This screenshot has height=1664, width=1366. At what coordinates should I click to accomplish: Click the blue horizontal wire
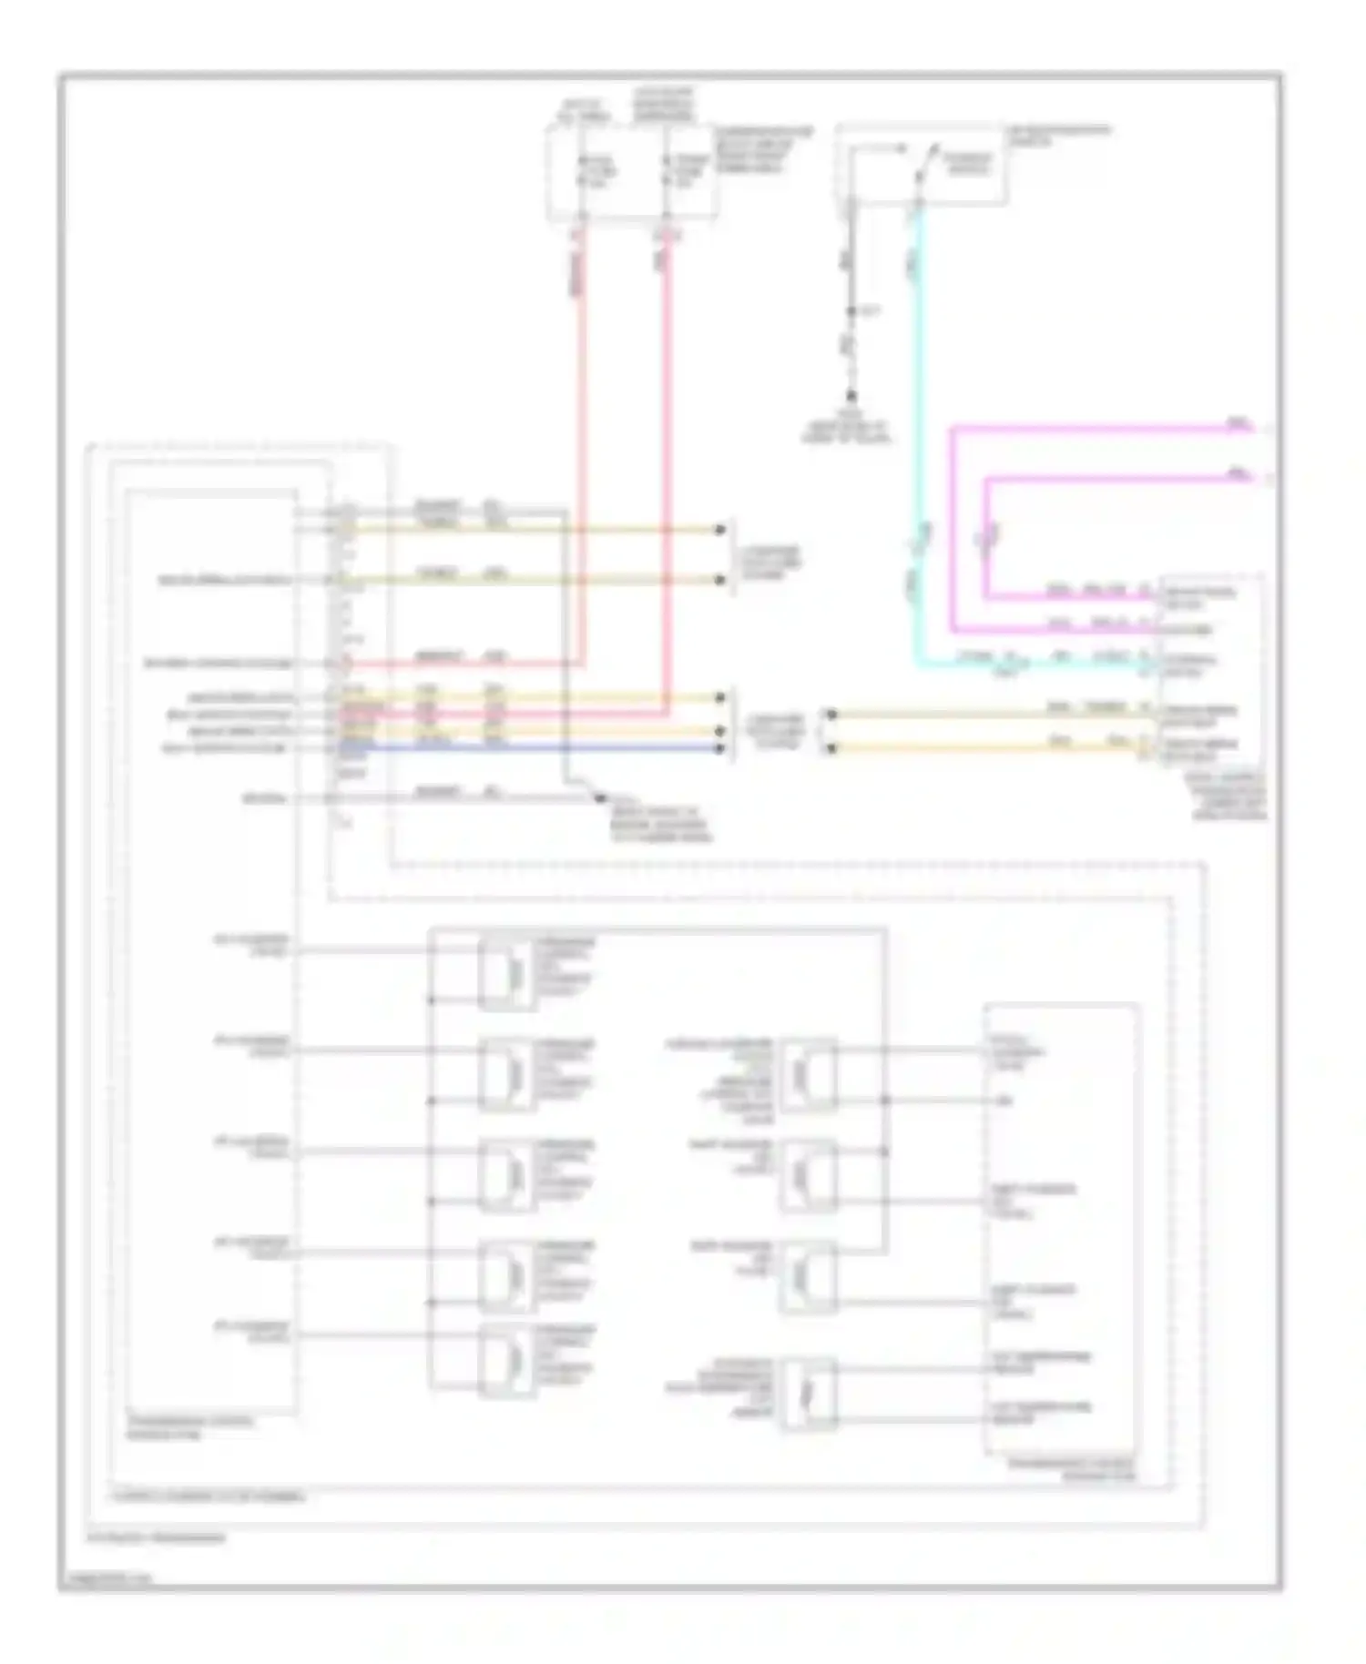(546, 748)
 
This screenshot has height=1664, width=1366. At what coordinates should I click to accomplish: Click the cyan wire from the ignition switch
(917, 455)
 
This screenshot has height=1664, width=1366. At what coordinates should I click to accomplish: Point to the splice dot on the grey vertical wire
(851, 311)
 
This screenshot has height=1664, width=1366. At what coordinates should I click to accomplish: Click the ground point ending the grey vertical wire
(851, 396)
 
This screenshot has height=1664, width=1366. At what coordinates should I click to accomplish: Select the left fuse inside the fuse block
(583, 171)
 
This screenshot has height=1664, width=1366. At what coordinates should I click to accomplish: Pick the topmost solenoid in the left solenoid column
(507, 972)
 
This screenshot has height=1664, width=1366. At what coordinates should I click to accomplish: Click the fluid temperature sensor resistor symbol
(809, 1393)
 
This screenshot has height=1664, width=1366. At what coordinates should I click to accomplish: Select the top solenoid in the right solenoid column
(809, 1074)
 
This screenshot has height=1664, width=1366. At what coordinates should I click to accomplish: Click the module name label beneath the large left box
(191, 1427)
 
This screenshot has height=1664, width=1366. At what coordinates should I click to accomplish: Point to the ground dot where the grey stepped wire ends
(599, 797)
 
